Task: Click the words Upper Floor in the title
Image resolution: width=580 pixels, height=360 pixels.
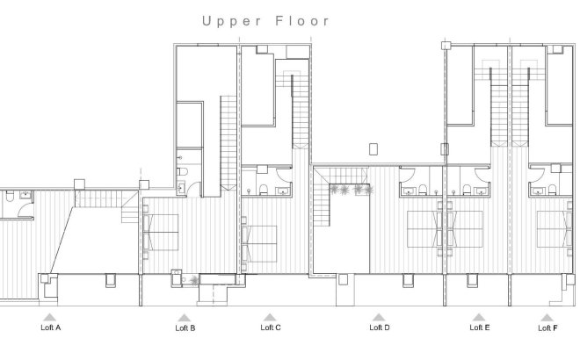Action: (x=266, y=20)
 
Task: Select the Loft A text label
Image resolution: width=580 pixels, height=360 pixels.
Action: (x=51, y=328)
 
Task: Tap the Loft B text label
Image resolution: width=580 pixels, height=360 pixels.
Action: (x=185, y=328)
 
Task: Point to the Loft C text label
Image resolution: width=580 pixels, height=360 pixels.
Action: (x=271, y=328)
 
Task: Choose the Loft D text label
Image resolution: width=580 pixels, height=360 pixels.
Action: (x=379, y=328)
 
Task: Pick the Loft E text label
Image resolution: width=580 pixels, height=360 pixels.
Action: (x=480, y=328)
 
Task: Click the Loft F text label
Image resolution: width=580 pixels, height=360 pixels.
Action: (x=547, y=328)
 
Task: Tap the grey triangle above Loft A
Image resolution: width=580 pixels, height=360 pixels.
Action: (x=51, y=316)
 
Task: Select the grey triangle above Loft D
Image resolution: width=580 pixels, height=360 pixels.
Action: (x=379, y=316)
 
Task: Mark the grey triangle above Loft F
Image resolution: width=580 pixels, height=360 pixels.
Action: (x=547, y=316)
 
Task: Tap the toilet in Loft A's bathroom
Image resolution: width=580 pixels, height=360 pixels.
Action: (x=7, y=200)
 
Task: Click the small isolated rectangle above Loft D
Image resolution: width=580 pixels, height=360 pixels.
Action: (x=374, y=147)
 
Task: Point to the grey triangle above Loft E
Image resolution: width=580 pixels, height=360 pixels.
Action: (x=479, y=316)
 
